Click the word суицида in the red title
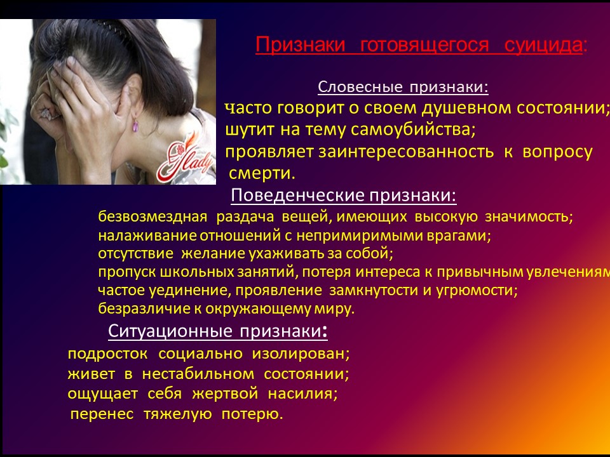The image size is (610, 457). tap(543, 44)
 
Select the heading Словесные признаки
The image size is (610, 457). tap(403, 87)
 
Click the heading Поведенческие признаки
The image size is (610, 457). tap(344, 195)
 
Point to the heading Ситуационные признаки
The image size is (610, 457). tap(218, 331)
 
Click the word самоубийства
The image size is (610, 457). tap(413, 129)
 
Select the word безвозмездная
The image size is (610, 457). tap(152, 216)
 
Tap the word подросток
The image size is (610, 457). tap(108, 354)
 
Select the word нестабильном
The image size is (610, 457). tap(198, 374)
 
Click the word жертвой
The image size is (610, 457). tap(225, 394)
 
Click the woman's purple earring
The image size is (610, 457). tap(135, 125)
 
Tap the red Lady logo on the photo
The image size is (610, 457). tap(185, 160)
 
